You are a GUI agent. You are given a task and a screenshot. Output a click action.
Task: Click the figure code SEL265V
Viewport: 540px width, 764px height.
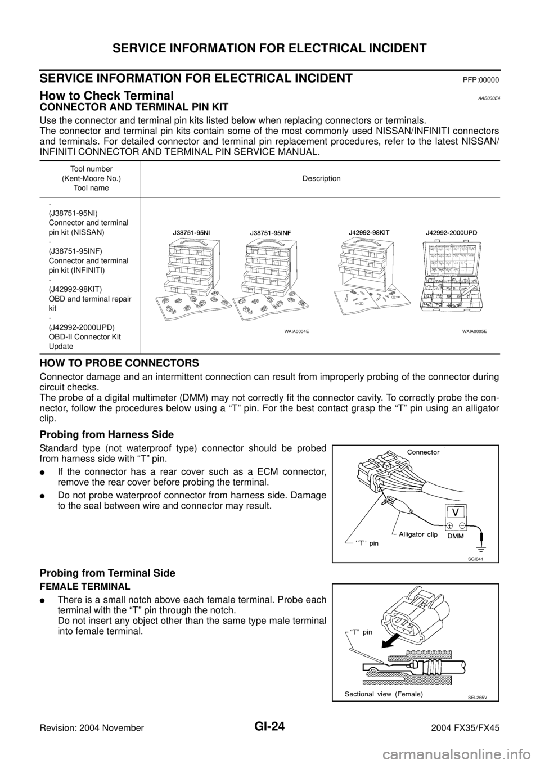pyautogui.click(x=476, y=696)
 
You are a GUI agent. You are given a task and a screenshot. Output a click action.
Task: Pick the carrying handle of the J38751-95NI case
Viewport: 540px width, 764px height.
pyautogui.click(x=190, y=240)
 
